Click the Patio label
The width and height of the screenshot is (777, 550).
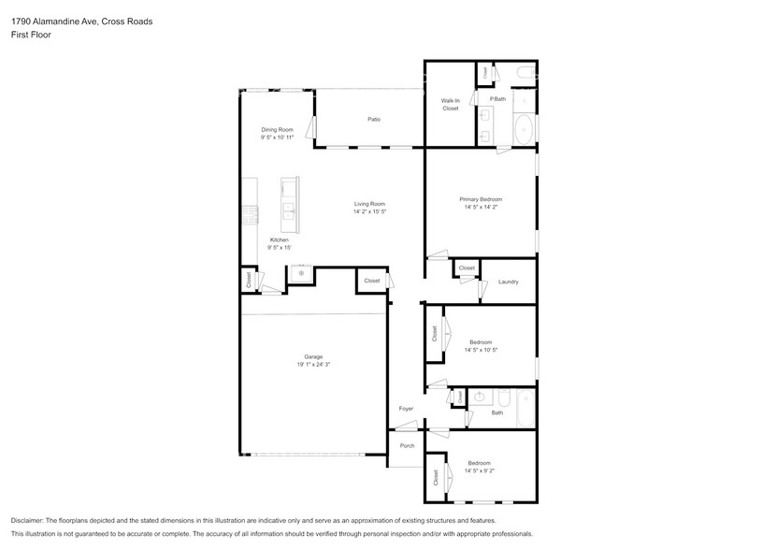(373, 119)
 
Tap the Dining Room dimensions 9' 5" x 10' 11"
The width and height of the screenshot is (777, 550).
(277, 137)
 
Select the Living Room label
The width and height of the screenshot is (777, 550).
(369, 204)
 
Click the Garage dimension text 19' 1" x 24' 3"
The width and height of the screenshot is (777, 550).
(312, 364)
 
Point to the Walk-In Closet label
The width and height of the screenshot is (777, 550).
(451, 104)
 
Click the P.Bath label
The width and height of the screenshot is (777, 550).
(497, 99)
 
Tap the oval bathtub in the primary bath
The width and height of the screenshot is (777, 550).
(525, 129)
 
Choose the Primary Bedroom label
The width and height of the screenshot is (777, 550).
(481, 199)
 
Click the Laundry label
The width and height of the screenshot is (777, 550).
(508, 282)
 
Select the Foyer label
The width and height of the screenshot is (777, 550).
(406, 409)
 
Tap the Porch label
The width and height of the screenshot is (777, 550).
(407, 446)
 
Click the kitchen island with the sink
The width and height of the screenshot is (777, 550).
(289, 203)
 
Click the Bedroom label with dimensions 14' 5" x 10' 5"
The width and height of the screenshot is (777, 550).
(481, 342)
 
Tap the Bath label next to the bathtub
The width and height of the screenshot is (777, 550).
(496, 412)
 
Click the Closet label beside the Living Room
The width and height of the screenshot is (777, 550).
(371, 281)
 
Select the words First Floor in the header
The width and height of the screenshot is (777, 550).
(31, 34)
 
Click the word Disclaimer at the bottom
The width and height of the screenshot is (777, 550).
(31, 520)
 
